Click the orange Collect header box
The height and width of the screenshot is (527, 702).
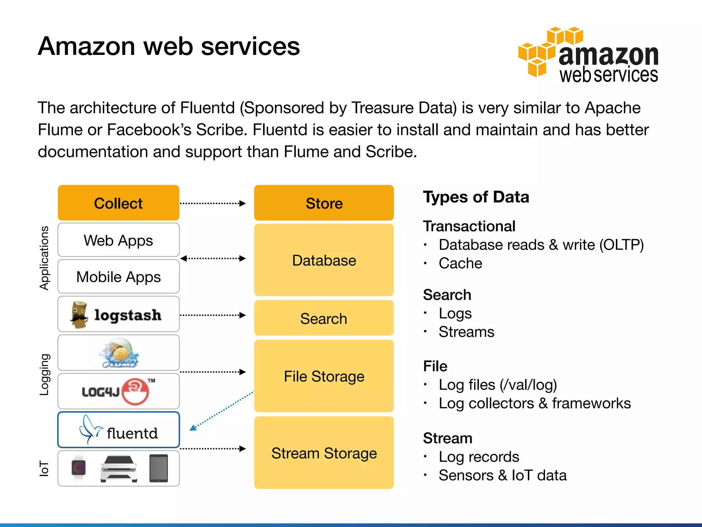(118, 203)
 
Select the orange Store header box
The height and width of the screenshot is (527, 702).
(324, 203)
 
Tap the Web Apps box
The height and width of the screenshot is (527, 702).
(118, 240)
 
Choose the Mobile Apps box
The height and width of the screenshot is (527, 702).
(118, 277)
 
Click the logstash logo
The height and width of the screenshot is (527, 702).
(117, 315)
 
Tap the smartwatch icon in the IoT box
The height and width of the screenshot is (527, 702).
(78, 468)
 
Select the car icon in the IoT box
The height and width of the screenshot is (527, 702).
(119, 469)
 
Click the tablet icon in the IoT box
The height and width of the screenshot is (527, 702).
(159, 468)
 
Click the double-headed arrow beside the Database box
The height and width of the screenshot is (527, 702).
(213, 258)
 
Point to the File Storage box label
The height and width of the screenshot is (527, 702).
(324, 376)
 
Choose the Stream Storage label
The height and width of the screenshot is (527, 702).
(324, 453)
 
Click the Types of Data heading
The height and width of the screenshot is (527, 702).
(476, 197)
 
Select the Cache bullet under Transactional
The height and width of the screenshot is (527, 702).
(460, 263)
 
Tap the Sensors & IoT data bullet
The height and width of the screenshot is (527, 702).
(502, 476)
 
